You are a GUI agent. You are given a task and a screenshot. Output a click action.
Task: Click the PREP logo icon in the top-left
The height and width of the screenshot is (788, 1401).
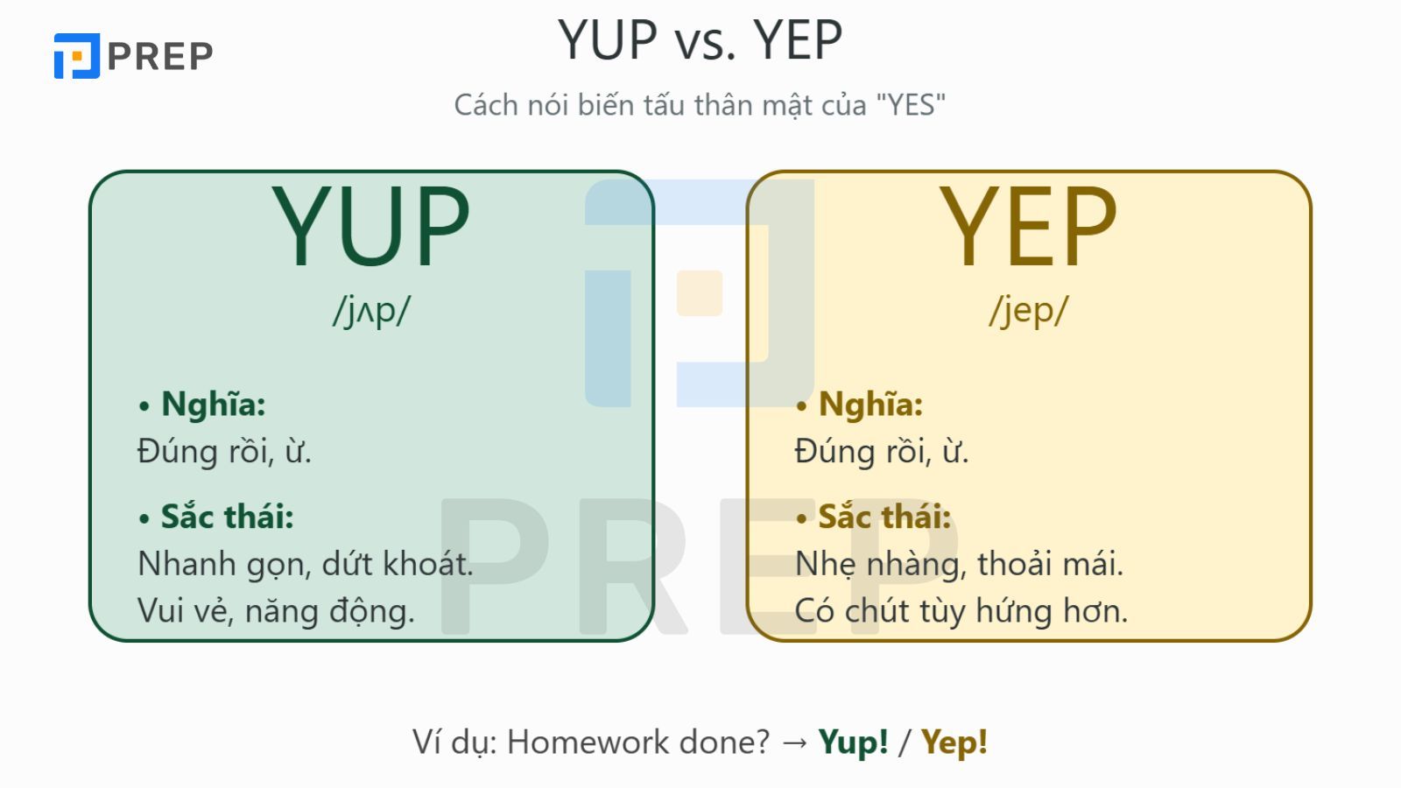click(77, 56)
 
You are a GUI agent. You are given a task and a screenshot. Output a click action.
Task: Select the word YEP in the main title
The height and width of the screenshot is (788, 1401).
click(798, 40)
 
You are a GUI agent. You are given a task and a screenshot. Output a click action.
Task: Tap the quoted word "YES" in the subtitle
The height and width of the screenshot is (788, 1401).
click(911, 105)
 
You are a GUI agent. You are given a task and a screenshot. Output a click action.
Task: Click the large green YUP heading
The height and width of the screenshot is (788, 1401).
click(371, 226)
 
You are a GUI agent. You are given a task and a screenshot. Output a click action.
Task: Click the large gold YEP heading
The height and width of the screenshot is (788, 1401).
click(1028, 226)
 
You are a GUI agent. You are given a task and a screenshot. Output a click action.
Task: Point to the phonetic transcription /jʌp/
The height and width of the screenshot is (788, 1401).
click(371, 310)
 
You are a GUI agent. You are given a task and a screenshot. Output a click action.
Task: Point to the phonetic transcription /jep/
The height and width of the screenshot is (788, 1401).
click(1028, 310)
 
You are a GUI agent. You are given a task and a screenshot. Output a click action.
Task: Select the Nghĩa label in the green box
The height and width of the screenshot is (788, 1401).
click(213, 405)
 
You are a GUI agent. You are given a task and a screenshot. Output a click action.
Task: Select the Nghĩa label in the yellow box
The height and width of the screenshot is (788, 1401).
click(870, 405)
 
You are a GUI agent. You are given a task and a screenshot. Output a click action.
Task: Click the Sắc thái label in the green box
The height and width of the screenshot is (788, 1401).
click(227, 517)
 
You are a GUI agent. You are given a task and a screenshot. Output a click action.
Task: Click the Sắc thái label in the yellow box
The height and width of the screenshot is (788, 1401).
click(884, 517)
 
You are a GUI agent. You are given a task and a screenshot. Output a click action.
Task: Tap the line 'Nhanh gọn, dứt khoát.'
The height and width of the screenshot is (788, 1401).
click(305, 564)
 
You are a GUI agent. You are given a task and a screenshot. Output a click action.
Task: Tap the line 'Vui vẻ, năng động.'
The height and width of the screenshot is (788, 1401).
click(276, 611)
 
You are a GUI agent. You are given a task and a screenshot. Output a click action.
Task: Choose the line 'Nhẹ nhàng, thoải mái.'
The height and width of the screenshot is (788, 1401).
click(959, 564)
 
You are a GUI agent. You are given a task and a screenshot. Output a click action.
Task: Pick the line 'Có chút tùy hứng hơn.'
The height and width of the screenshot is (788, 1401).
click(961, 611)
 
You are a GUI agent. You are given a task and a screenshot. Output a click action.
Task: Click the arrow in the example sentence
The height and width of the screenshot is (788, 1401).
click(795, 742)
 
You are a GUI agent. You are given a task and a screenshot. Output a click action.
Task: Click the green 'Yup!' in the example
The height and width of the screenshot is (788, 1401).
click(853, 742)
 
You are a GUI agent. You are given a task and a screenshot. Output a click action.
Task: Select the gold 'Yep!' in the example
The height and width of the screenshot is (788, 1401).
click(954, 742)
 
